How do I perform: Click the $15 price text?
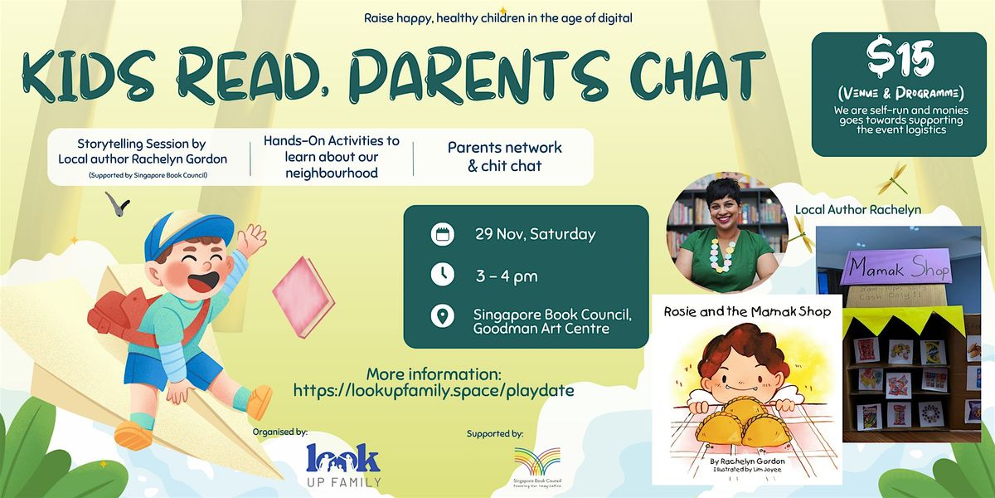900,61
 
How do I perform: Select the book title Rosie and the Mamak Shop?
747,312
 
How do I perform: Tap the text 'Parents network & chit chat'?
504,157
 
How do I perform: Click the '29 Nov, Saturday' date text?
534,234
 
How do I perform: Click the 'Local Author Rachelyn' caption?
858,208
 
